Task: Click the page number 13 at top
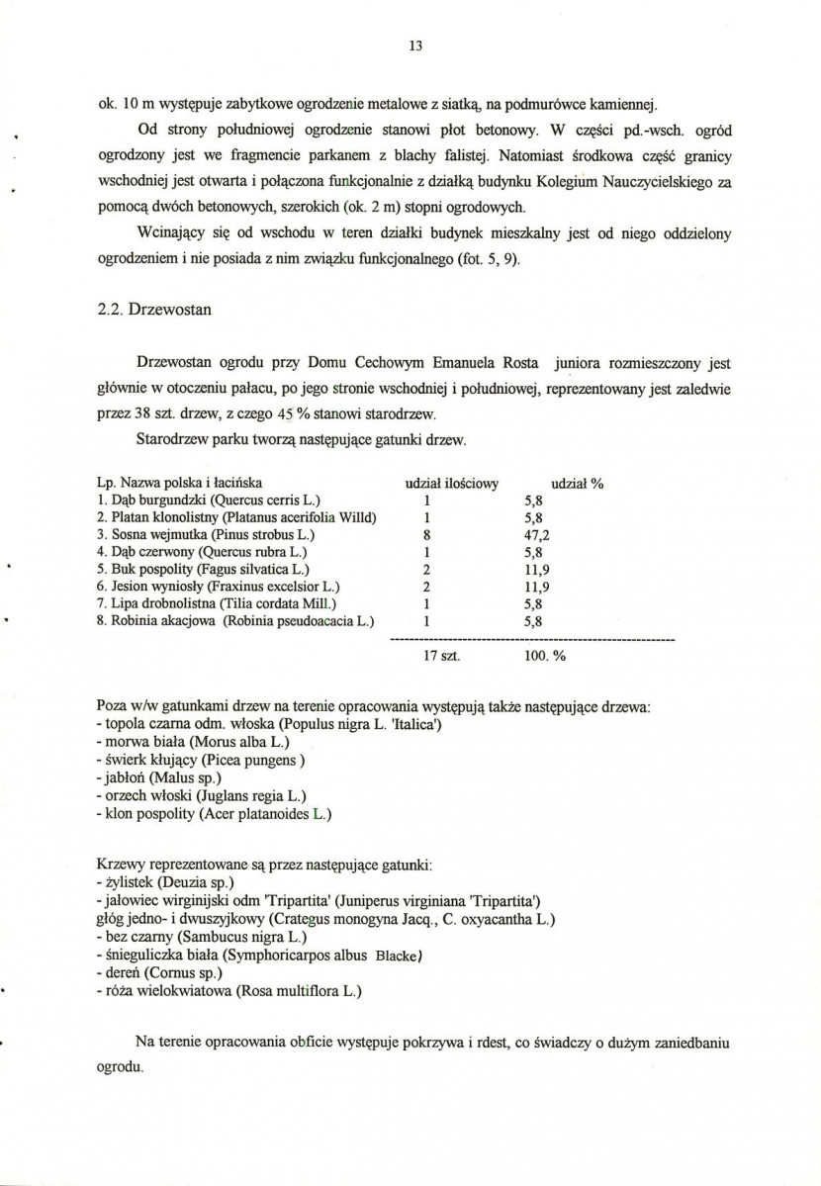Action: (415, 45)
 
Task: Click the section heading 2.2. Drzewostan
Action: (148, 309)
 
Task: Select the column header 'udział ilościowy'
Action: (451, 484)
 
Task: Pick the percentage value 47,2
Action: (535, 535)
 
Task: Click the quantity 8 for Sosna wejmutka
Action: (425, 535)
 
